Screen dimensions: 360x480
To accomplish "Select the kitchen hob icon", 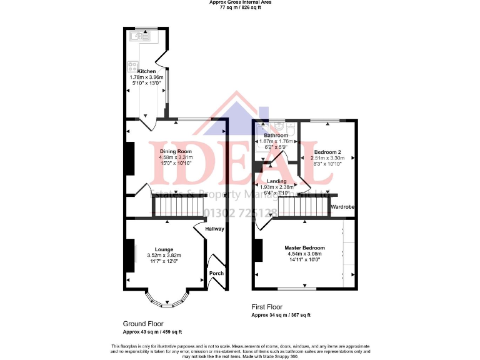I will tap(133, 64).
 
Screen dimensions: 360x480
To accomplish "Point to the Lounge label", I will tap(164, 249).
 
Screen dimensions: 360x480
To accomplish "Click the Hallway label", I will tap(215, 229).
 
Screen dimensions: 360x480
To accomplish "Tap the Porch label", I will tap(216, 273).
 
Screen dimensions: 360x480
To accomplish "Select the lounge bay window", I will tap(166, 302).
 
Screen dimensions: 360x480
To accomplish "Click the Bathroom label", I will tap(276, 135).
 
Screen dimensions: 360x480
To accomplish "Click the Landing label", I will tap(277, 181).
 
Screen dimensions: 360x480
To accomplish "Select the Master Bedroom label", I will tap(304, 247).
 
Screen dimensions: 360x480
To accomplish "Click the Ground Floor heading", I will tap(144, 324).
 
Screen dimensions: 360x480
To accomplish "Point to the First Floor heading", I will tap(266, 307).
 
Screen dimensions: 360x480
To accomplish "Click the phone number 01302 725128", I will tap(241, 213).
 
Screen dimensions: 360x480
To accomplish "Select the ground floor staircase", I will tap(179, 205).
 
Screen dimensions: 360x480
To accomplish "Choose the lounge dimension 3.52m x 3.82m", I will tap(164, 255).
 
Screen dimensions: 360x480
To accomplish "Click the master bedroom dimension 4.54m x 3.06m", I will tap(304, 254).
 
